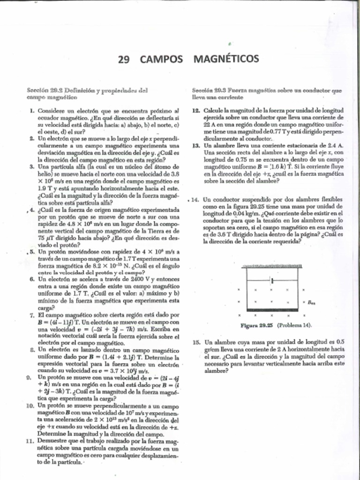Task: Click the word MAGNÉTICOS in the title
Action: coord(226,59)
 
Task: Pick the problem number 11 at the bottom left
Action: coord(30,441)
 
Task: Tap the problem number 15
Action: coord(196,342)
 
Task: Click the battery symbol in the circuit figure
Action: coord(272,281)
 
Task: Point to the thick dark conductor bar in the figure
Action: coord(271,310)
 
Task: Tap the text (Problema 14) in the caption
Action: coord(295,325)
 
